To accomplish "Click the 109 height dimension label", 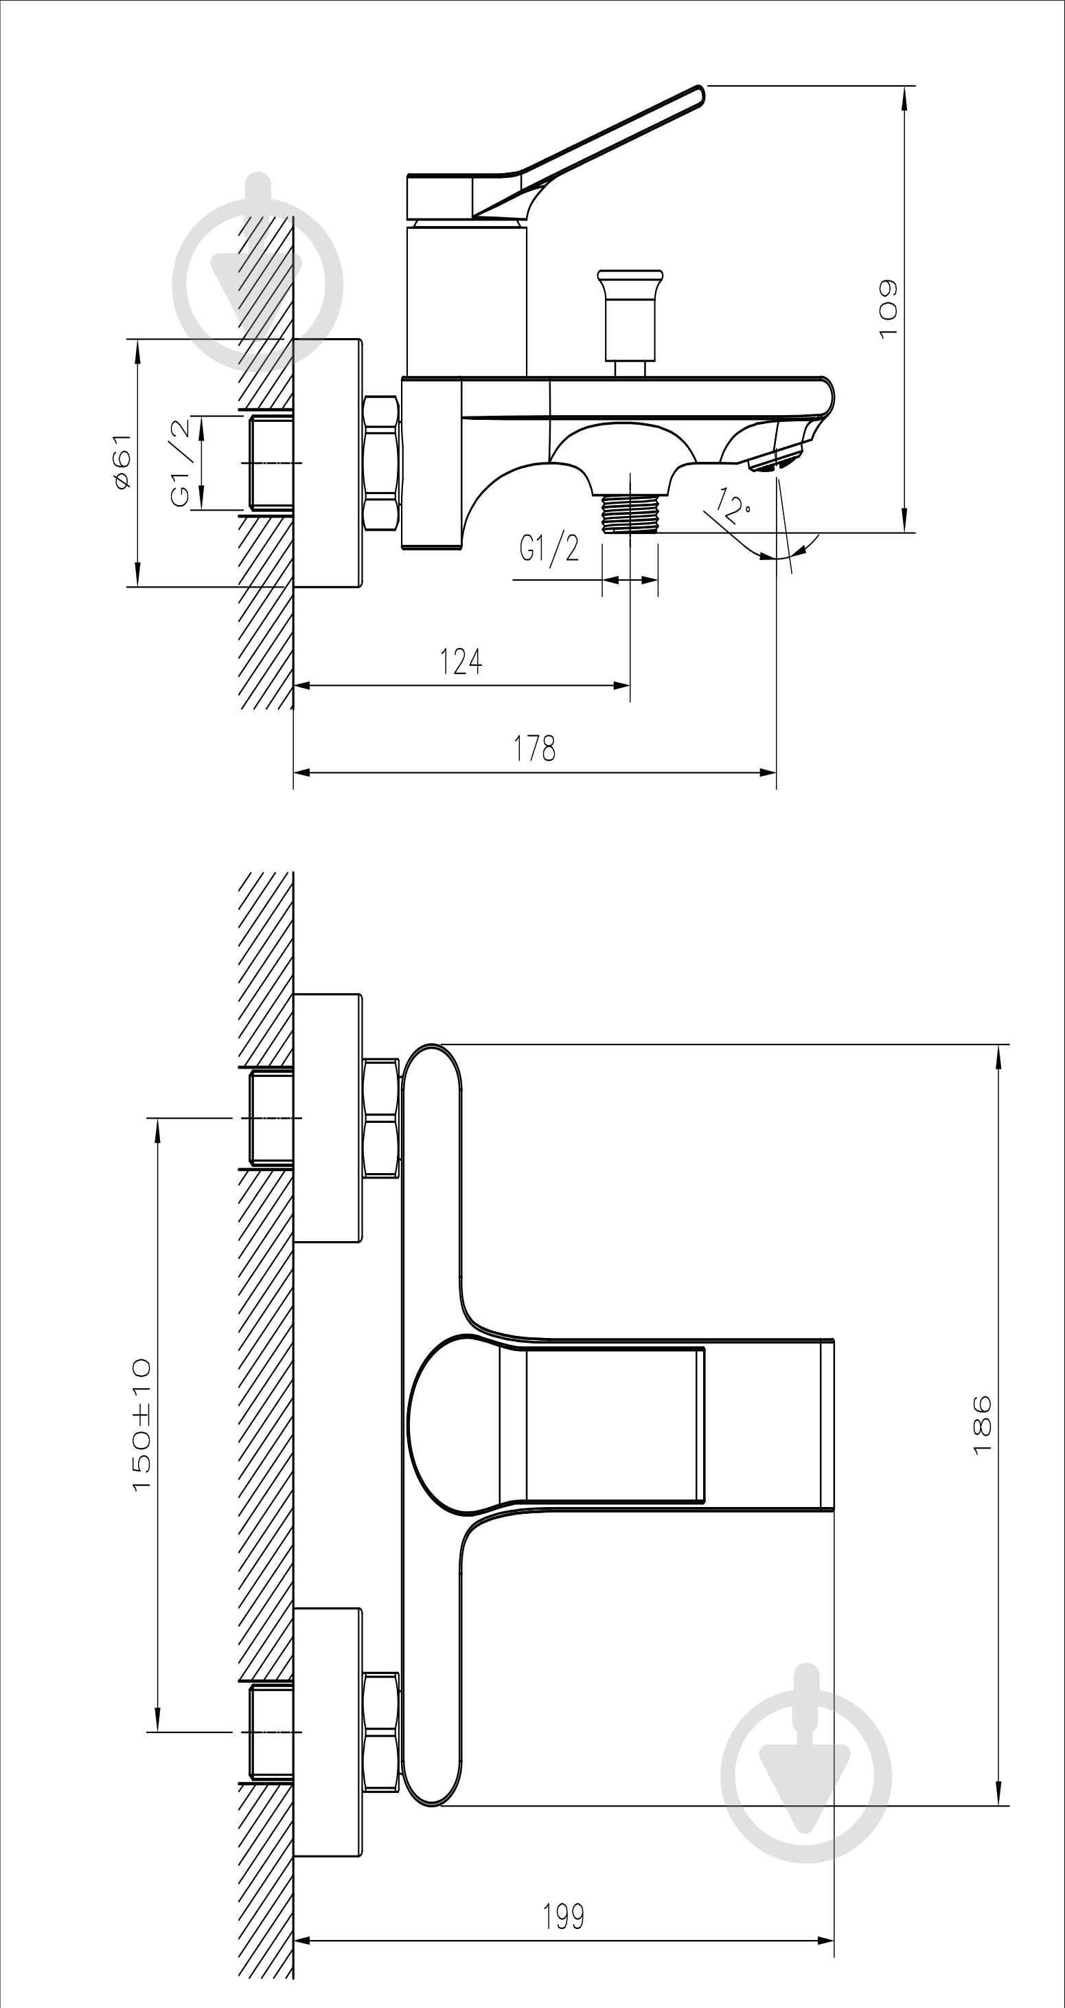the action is coord(888,309).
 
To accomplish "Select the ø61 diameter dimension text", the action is coord(122,462).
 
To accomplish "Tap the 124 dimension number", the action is coord(461,661).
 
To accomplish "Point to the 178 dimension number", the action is coord(534,748).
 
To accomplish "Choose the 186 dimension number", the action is coord(983,1424).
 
